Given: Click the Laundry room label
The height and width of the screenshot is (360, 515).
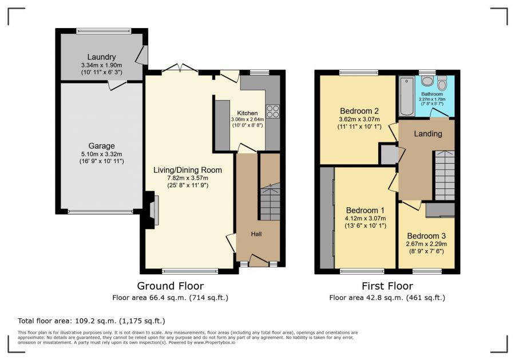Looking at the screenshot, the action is pos(101,57).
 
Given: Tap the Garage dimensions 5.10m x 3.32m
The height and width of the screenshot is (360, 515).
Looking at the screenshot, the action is pos(101,154).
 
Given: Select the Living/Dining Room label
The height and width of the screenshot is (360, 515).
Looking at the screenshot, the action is pos(188,170).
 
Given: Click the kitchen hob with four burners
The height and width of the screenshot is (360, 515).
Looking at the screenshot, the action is pos(272,112).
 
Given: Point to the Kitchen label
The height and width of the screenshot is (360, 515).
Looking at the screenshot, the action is pos(247,113).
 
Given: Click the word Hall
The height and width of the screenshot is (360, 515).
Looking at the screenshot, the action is pos(256,234).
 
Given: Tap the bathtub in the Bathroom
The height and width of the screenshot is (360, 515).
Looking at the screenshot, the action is pos(407,96).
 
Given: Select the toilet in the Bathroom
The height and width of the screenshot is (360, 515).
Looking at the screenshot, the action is pos(442,83).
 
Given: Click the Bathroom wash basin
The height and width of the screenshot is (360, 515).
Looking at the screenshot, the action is pos(427,81).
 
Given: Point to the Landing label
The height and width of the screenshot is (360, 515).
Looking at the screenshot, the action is pos(427,133).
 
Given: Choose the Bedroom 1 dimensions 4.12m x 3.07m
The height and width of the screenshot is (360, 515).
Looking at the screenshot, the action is pos(365,218).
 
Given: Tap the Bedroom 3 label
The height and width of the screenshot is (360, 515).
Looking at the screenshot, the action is pos(426,236).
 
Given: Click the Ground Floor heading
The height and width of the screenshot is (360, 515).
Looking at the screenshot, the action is pos(170,286).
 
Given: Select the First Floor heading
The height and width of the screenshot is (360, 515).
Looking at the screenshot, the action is pos(387,286).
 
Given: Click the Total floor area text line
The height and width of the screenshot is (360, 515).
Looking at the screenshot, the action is pos(92,321).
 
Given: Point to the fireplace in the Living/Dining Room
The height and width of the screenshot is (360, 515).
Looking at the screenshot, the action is pos(154,210).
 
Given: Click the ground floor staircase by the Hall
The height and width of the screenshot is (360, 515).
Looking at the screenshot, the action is pos(270,201).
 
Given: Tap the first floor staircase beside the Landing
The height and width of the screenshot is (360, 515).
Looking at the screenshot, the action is pos(445,175).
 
